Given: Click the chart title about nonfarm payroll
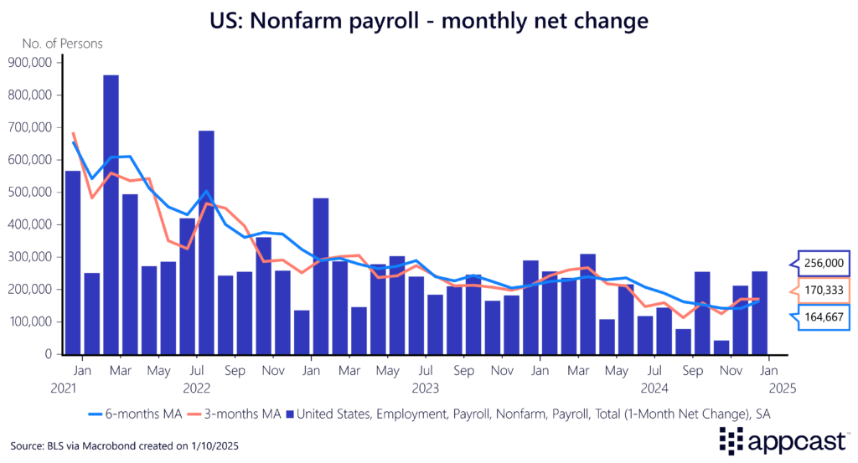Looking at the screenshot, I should pos(429,18).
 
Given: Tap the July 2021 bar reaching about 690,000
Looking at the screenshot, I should pos(207,243).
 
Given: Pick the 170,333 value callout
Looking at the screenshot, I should pos(824,291).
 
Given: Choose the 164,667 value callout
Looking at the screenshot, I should pos(824,318).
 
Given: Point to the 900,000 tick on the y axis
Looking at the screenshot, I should pos(30,62).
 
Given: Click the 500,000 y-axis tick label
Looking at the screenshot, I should pos(30,192).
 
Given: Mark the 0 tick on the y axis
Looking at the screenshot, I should pos(49,354).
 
